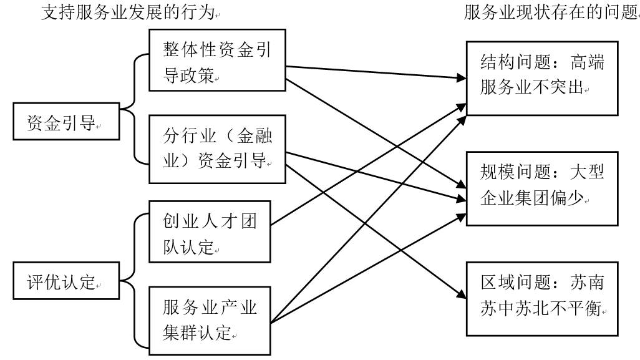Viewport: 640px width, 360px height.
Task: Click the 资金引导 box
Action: (x=66, y=121)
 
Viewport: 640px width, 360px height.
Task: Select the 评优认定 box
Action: (x=66, y=281)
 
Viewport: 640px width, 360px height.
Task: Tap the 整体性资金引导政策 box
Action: (x=217, y=60)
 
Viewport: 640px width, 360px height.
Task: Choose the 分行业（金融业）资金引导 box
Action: (x=217, y=149)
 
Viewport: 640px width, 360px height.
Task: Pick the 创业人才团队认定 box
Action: (x=210, y=231)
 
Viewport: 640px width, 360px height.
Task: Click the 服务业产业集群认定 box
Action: (x=210, y=321)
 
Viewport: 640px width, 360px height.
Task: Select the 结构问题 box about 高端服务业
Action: (x=542, y=79)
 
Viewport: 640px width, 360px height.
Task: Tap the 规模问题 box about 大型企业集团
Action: (x=542, y=188)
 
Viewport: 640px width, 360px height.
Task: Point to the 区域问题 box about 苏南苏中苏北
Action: (x=542, y=299)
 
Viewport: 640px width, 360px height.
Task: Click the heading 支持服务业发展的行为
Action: (x=128, y=12)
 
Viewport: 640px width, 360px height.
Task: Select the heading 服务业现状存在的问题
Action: (x=551, y=12)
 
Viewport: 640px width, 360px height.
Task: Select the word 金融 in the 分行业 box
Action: (x=255, y=136)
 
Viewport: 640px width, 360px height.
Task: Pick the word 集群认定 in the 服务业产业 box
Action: (x=197, y=333)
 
